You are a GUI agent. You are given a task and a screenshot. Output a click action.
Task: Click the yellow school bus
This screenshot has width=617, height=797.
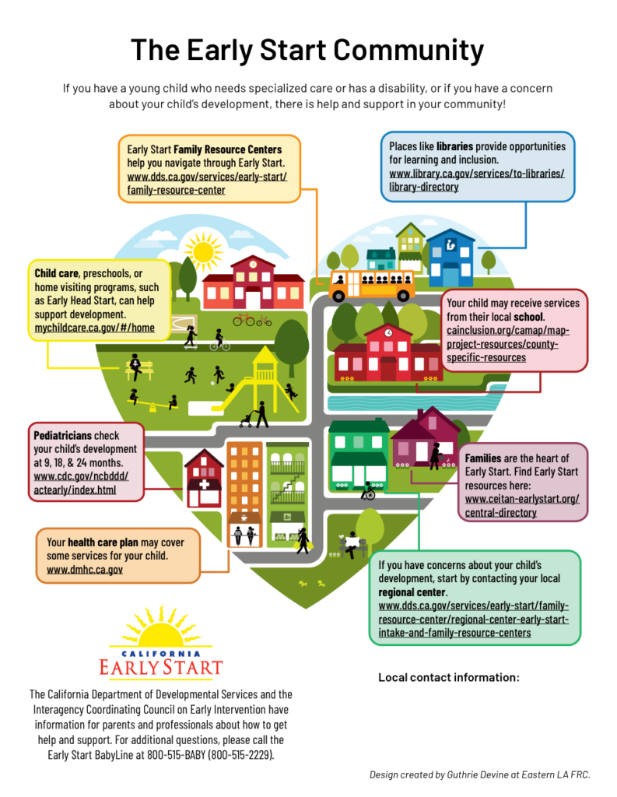tap(371, 285)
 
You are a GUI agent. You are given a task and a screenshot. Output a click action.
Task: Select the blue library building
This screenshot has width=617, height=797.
tap(450, 258)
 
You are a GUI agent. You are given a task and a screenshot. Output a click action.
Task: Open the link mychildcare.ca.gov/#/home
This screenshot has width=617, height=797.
tap(94, 328)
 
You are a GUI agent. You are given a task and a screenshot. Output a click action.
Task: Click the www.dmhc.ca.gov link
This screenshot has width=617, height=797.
tap(85, 570)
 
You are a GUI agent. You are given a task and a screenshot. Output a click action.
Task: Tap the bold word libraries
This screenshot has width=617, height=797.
tap(454, 146)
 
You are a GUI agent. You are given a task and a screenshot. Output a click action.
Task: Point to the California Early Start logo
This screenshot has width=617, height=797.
tap(160, 641)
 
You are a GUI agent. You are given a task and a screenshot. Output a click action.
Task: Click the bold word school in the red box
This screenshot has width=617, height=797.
tap(528, 318)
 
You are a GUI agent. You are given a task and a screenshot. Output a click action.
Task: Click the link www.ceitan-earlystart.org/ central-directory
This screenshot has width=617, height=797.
tap(522, 505)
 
